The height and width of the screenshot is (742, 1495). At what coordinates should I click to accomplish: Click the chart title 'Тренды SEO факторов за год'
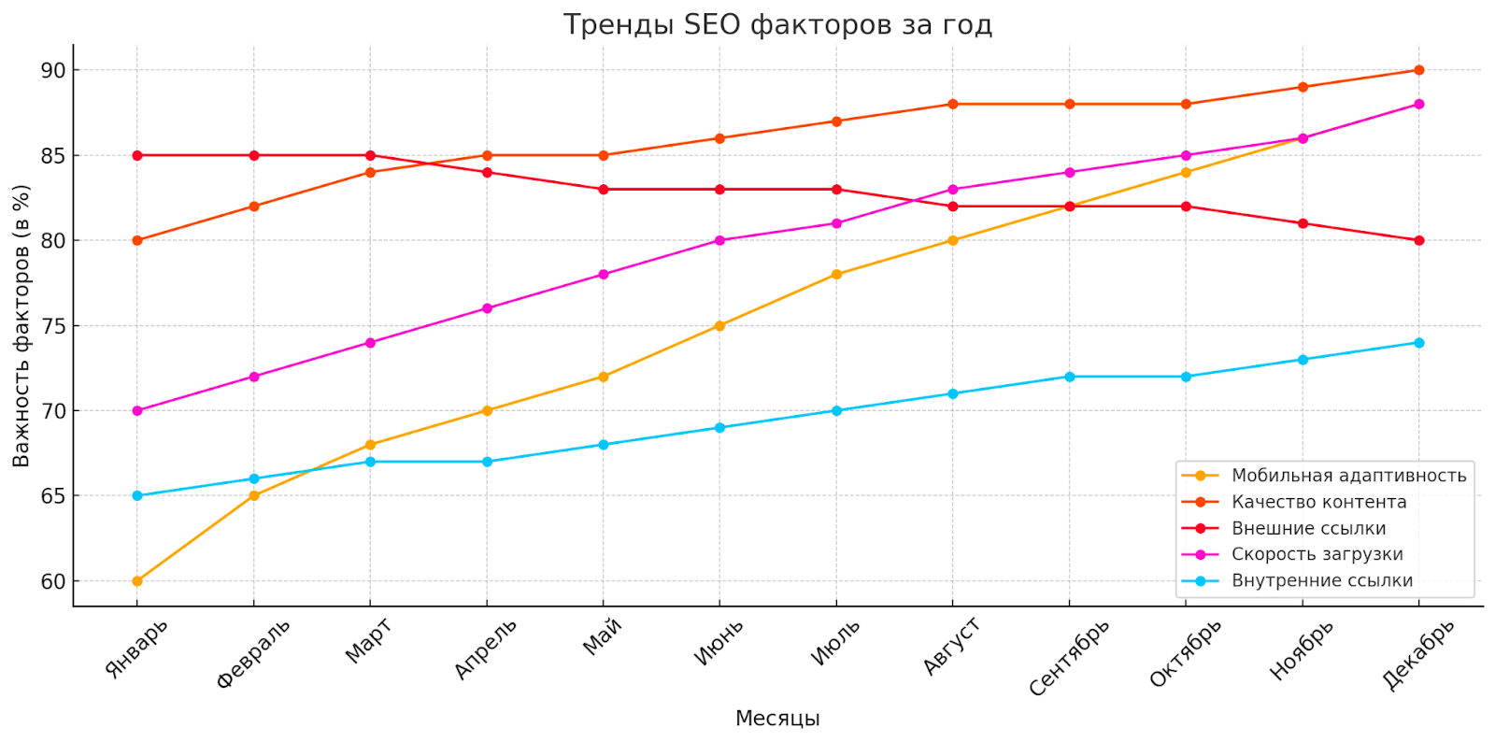pos(777,24)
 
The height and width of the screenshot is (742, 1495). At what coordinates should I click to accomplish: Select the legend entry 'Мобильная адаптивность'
pos(1348,476)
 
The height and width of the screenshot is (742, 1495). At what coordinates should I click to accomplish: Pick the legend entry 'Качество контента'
pos(1318,502)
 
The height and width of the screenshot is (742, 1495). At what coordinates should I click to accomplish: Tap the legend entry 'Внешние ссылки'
pos(1308,528)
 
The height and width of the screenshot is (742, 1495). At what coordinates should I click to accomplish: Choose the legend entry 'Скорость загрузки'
pos(1317,554)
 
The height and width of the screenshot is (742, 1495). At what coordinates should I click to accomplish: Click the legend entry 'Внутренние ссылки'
pos(1321,580)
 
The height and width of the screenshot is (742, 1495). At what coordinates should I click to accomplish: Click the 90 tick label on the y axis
pos(53,70)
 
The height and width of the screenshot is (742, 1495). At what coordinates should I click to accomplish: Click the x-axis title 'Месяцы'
pos(777,719)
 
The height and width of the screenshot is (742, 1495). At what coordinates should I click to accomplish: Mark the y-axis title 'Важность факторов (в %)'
pos(21,325)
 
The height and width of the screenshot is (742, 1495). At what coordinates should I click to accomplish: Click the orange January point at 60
pos(137,581)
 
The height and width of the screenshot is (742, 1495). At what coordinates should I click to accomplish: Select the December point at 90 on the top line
pos(1419,70)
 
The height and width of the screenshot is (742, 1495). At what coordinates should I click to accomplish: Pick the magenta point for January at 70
pos(137,411)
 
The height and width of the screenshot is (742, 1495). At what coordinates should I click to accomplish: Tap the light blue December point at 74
pos(1419,343)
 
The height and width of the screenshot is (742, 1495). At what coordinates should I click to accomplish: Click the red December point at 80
pos(1419,240)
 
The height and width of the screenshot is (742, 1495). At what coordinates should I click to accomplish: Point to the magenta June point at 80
pos(719,240)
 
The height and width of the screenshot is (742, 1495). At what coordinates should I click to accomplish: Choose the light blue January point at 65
pos(137,496)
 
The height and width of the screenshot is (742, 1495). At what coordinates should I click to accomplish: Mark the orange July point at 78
pos(836,275)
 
